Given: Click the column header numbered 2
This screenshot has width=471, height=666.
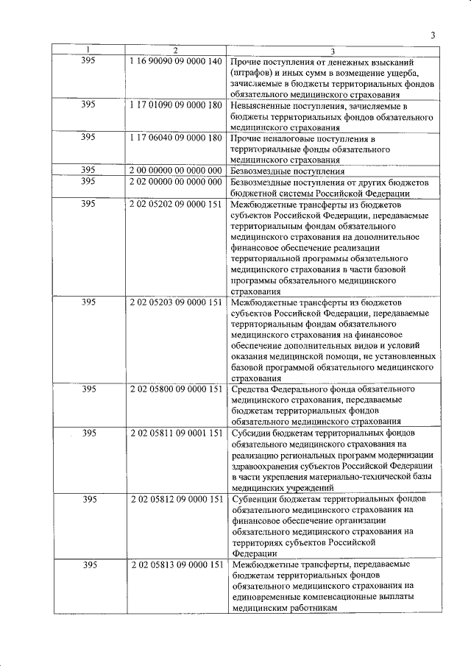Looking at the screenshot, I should [175, 51].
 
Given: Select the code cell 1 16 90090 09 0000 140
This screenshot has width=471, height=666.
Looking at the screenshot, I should [175, 60].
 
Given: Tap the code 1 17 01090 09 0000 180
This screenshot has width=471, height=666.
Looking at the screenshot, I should [175, 105].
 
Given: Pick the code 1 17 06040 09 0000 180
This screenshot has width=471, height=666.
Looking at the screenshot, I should [175, 138].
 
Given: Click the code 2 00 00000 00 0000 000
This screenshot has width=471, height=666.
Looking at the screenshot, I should [175, 171].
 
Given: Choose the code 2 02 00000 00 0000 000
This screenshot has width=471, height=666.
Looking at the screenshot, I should [175, 182].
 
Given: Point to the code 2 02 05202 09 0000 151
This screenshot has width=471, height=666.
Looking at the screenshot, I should [175, 203].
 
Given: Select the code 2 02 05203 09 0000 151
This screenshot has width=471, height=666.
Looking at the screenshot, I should [175, 302].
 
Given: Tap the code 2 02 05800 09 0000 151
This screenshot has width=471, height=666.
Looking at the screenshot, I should [175, 389].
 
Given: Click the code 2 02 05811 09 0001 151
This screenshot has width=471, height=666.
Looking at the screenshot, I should [175, 433].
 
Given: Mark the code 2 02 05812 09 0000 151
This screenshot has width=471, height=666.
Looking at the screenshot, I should [175, 499].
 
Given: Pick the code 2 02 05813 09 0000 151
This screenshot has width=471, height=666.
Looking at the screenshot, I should [175, 564].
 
